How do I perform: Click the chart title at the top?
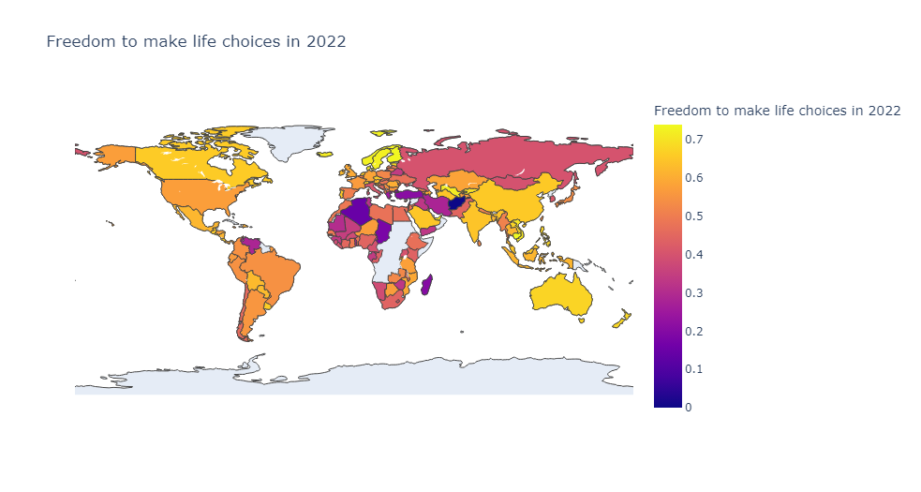coord(196,41)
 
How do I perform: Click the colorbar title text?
coord(777,111)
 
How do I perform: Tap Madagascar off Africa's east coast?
coord(427,284)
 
